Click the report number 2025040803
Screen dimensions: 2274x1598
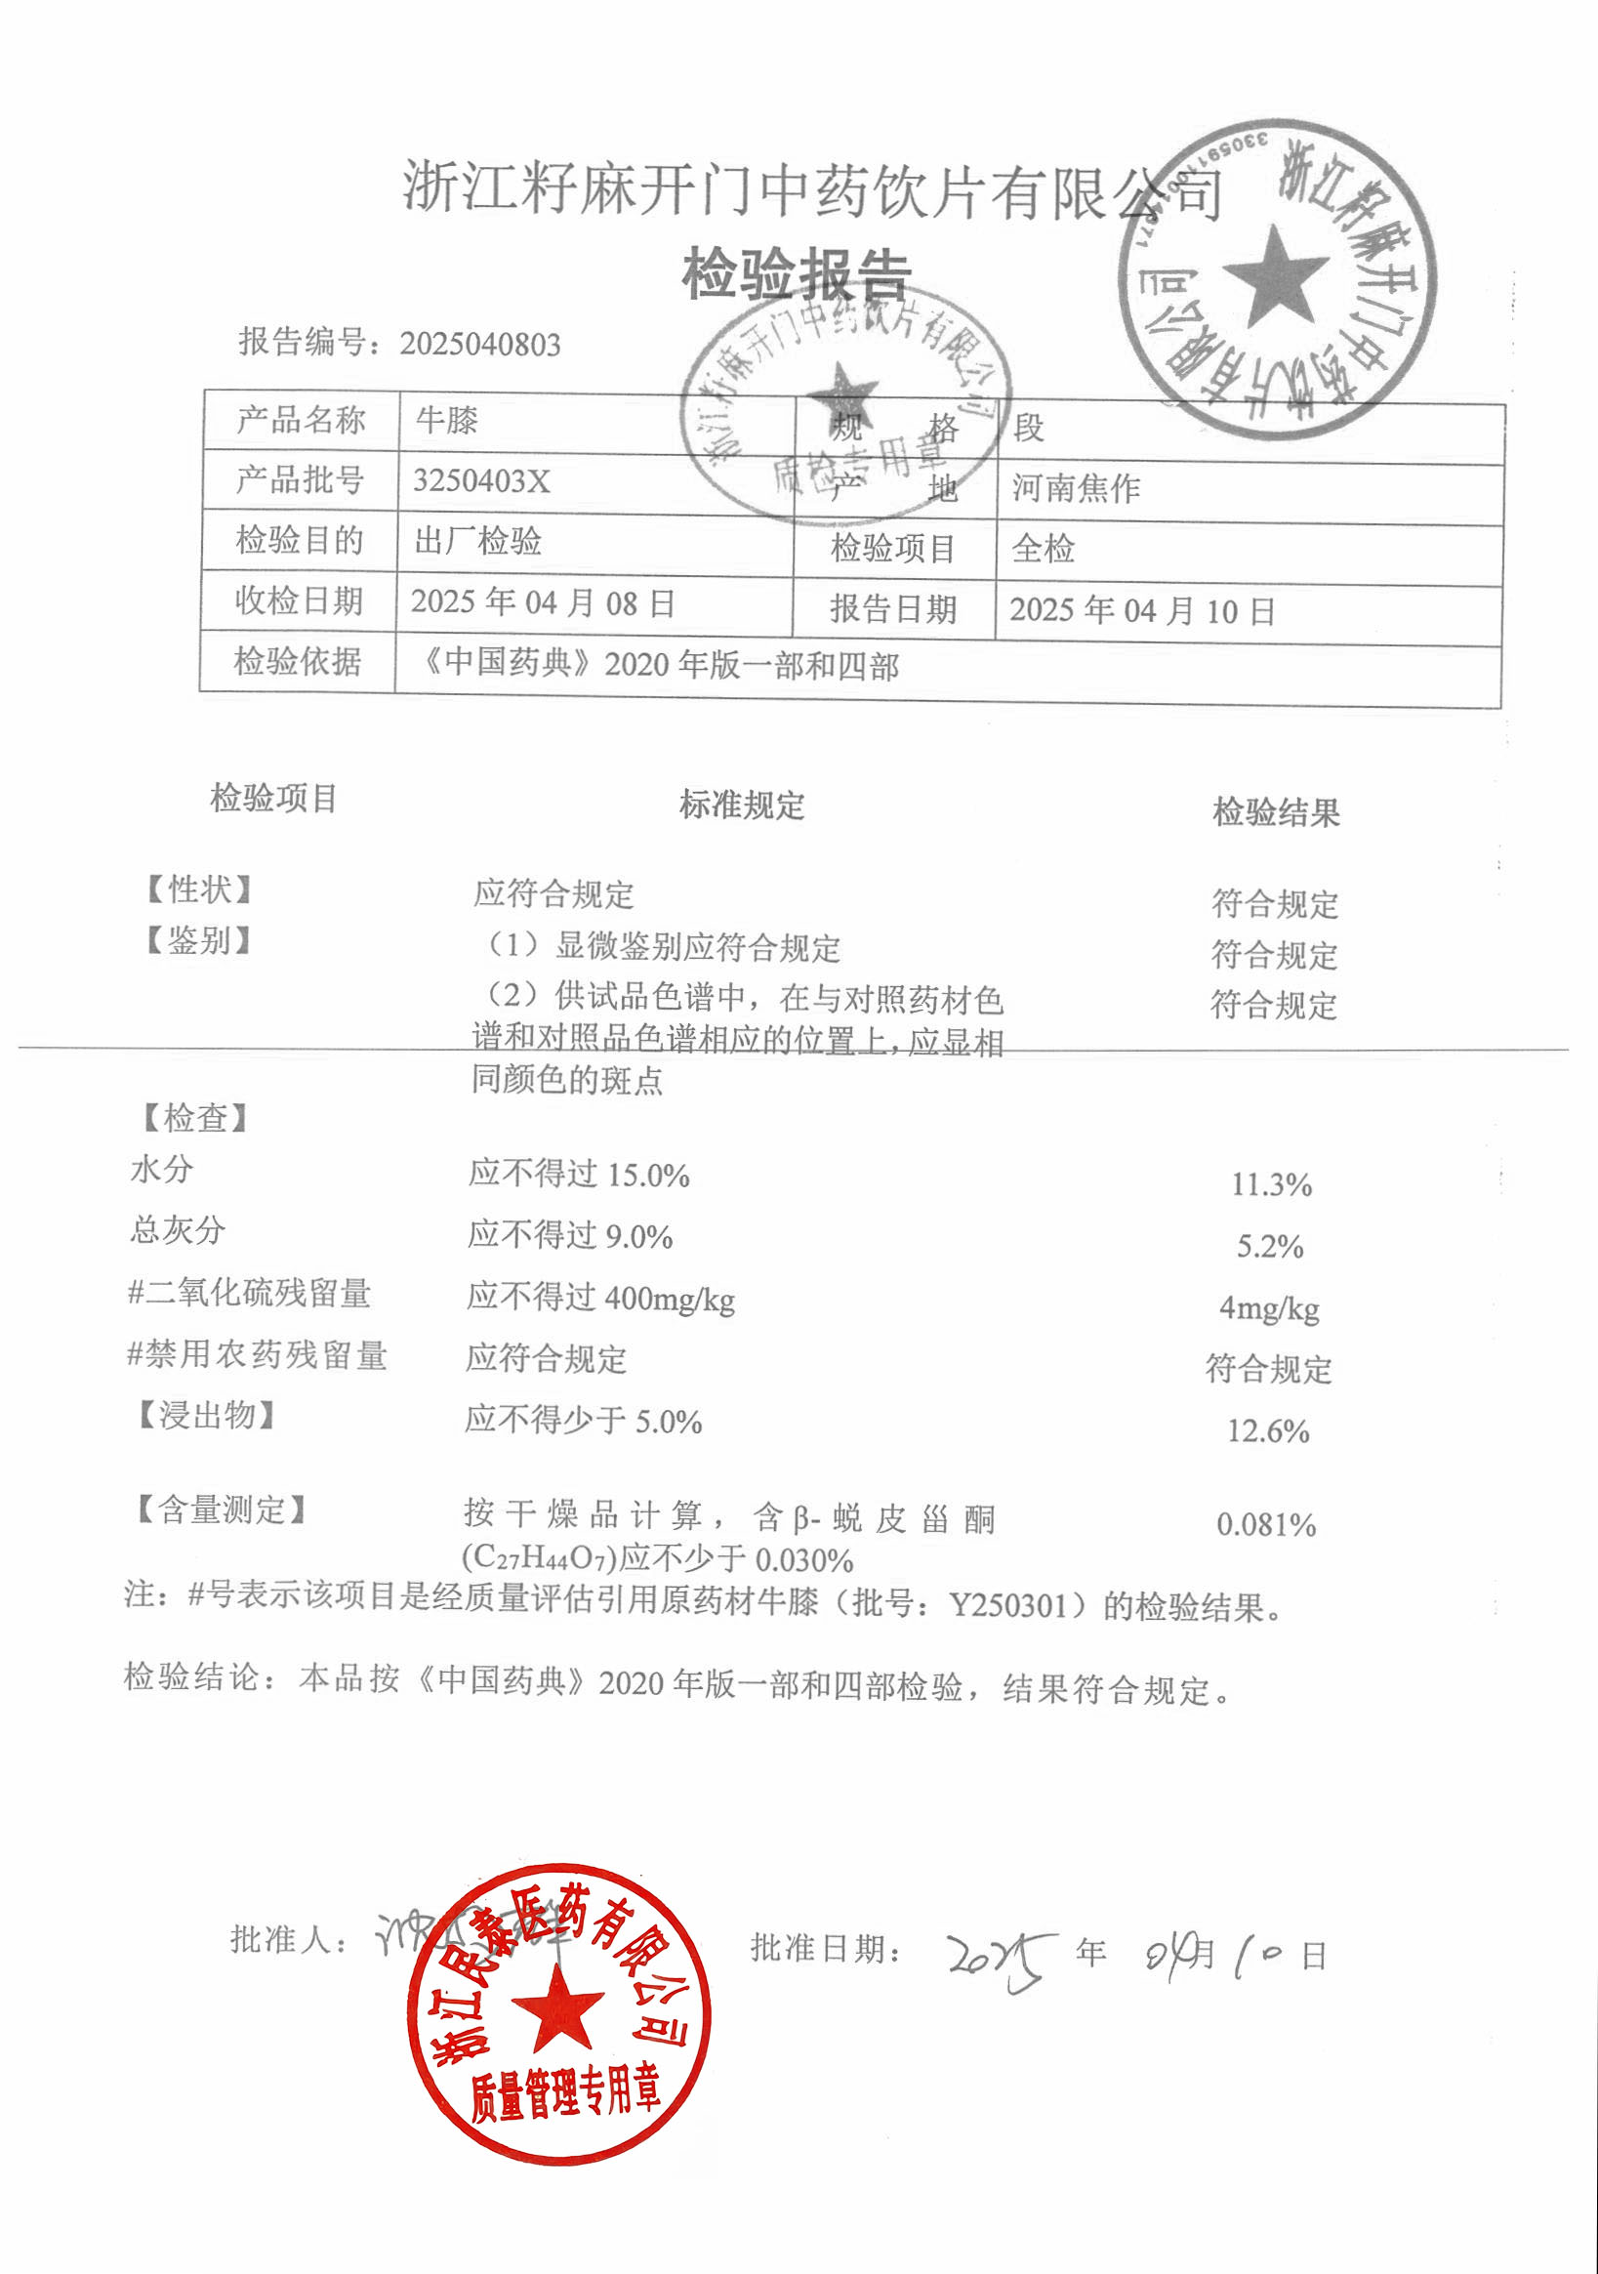coord(479,345)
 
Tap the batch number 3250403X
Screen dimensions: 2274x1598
coord(481,481)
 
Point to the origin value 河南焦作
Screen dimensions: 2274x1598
coord(1075,488)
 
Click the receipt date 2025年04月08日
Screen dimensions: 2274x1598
coord(543,602)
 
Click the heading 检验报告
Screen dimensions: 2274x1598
coord(796,274)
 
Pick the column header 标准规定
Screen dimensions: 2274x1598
coord(742,806)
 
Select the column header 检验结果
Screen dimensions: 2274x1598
coord(1276,813)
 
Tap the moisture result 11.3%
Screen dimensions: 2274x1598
coord(1271,1184)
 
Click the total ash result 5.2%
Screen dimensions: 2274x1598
coord(1269,1246)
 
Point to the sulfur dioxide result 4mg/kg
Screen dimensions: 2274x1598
coord(1268,1308)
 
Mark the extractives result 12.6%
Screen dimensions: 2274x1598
coord(1268,1431)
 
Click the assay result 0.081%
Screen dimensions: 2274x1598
coord(1266,1524)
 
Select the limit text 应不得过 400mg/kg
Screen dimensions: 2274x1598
coord(601,1298)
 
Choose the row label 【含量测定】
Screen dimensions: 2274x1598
coord(221,1510)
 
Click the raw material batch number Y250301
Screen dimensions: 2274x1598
coord(1008,1605)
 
